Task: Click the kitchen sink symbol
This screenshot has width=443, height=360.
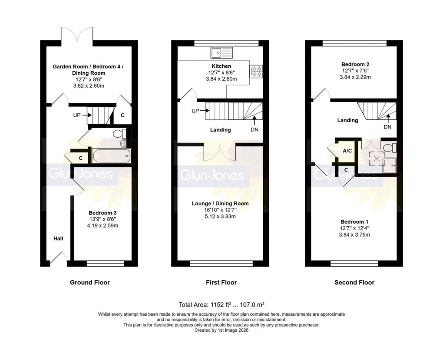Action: pyautogui.click(x=221, y=53)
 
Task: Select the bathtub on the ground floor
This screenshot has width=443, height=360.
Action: pyautogui.click(x=110, y=155)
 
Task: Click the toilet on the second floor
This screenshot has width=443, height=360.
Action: pyautogui.click(x=390, y=147)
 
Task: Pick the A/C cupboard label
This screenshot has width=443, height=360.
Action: pyautogui.click(x=347, y=151)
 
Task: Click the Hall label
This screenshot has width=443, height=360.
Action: pyautogui.click(x=58, y=239)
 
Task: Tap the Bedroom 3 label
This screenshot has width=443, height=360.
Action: pyautogui.click(x=102, y=213)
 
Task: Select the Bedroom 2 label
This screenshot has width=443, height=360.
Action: pyautogui.click(x=355, y=64)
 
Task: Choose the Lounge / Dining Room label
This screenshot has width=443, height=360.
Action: pyautogui.click(x=220, y=204)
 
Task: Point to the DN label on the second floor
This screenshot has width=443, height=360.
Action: pyautogui.click(x=387, y=127)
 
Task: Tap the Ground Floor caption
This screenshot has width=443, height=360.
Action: pyautogui.click(x=90, y=283)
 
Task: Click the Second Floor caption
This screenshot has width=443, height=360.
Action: pyautogui.click(x=354, y=283)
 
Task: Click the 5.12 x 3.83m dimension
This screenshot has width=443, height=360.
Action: pyautogui.click(x=220, y=217)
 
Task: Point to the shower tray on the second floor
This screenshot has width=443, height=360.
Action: pyautogui.click(x=390, y=164)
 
